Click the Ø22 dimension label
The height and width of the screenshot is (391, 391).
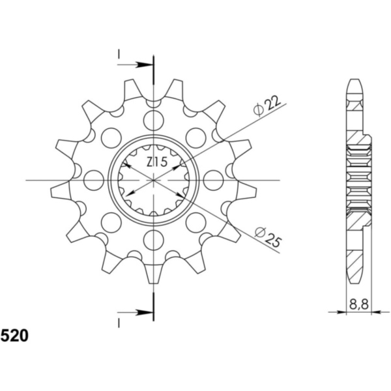click(267, 106)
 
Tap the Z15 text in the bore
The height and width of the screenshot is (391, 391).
click(157, 162)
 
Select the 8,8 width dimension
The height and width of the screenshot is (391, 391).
click(359, 304)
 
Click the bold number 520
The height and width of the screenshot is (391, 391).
click(14, 336)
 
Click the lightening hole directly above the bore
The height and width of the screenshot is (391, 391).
click(154, 121)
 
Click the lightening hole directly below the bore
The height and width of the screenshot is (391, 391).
click(154, 239)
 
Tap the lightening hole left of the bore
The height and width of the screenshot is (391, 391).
click(94, 180)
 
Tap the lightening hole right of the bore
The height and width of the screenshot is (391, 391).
click(214, 180)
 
